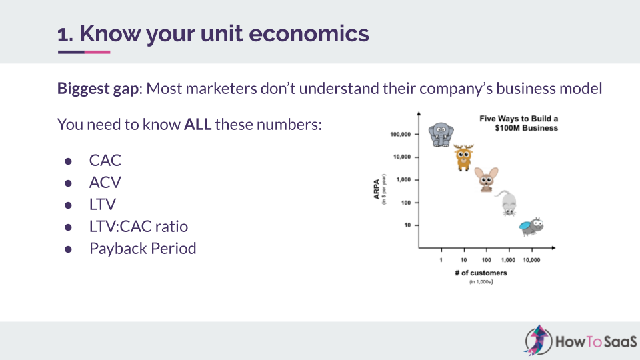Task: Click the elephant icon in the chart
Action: (x=441, y=134)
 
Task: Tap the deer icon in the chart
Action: (x=464, y=157)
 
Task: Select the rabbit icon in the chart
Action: (x=486, y=179)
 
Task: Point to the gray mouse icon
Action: (x=507, y=203)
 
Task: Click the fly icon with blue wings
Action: (x=531, y=227)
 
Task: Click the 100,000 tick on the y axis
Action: (x=401, y=134)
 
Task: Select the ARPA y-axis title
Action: (x=377, y=189)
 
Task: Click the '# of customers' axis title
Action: (x=481, y=273)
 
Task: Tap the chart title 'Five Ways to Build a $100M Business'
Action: (x=519, y=123)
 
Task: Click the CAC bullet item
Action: (x=105, y=161)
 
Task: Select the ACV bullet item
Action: (x=105, y=183)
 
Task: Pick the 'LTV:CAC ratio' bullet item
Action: (x=139, y=227)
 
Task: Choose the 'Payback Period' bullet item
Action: (x=143, y=249)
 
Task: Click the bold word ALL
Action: (x=197, y=125)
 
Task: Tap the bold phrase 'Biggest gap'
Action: (x=98, y=89)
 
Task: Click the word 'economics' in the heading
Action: (x=309, y=33)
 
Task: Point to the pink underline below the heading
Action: (x=97, y=52)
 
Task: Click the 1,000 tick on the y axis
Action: (x=403, y=179)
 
